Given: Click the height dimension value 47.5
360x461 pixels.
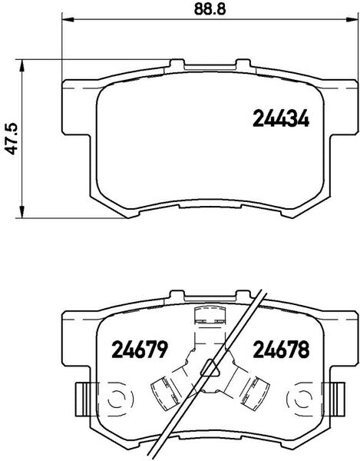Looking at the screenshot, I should (x=11, y=139).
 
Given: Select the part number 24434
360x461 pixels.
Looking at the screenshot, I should (x=280, y=120).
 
